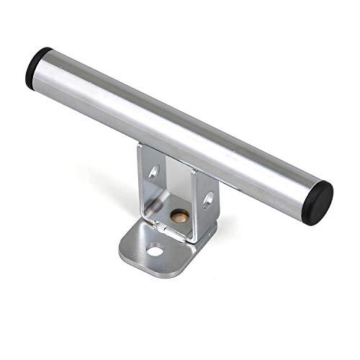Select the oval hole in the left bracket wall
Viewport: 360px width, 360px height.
coord(153,173)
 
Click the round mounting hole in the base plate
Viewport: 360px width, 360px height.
coord(155,251)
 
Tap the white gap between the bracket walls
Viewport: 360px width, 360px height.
coord(176,184)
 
